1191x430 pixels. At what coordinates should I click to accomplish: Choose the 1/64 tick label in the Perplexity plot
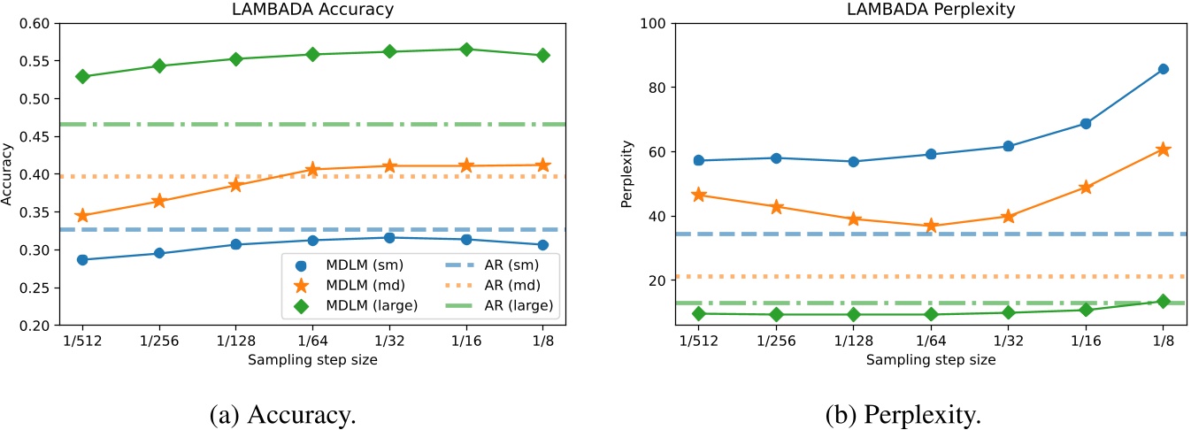tap(930, 341)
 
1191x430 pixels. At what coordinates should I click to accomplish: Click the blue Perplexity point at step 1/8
tap(1163, 69)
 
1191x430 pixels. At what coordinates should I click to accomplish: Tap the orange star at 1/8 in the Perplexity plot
tap(1163, 150)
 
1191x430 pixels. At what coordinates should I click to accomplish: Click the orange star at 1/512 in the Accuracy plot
tap(82, 216)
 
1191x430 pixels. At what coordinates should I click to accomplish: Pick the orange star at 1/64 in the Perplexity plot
tap(930, 227)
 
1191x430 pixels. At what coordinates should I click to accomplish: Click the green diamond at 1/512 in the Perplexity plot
tap(699, 313)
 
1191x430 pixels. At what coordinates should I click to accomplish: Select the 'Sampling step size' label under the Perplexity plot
tap(931, 360)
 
